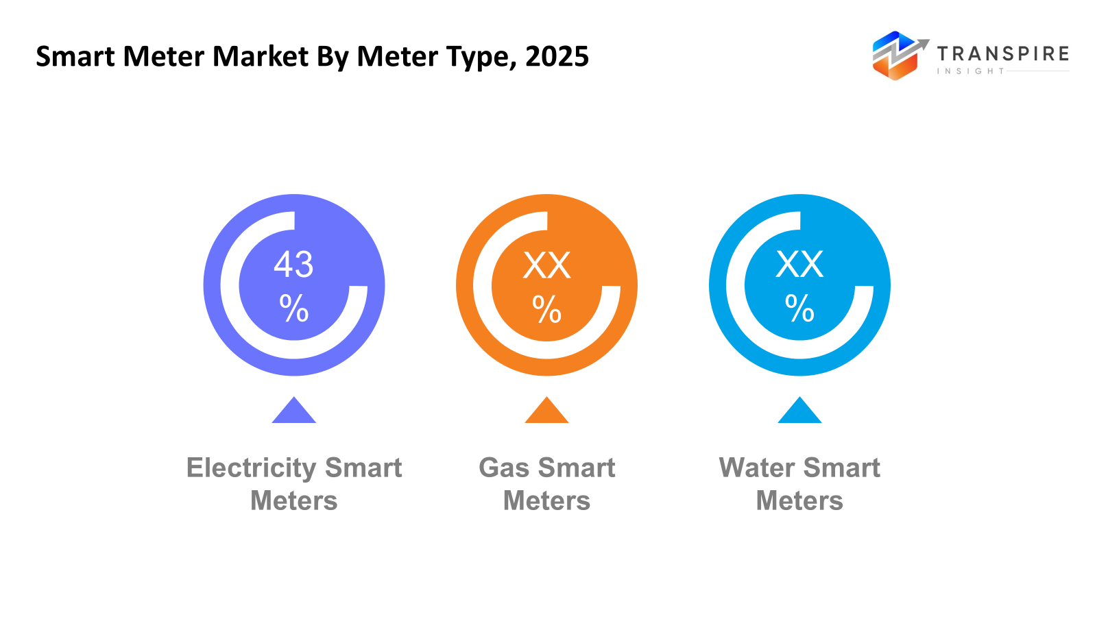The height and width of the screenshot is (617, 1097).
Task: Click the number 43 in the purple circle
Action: click(293, 264)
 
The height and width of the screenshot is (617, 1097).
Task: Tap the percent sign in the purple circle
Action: click(293, 308)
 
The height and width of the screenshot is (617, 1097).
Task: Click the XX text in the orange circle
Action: click(546, 265)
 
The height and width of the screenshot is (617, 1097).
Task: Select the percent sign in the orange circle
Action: click(546, 308)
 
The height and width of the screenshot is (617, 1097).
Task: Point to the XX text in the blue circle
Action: click(799, 264)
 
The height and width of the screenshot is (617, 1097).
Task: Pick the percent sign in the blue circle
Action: click(799, 308)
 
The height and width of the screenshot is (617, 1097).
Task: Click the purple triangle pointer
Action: click(293, 412)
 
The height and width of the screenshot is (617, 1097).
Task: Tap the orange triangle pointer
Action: click(546, 412)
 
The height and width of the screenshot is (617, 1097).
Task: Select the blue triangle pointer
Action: click(799, 412)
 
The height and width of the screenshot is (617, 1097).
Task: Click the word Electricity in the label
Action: click(251, 468)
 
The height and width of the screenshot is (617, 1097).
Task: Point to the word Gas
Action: click(504, 468)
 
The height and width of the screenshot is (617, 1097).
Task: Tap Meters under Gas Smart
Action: click(546, 501)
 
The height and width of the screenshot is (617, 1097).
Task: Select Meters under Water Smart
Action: click(799, 501)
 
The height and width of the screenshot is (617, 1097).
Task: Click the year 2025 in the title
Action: click(557, 56)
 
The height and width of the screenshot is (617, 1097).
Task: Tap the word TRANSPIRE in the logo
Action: click(1002, 53)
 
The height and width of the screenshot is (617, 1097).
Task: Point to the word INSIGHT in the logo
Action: click(970, 71)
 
